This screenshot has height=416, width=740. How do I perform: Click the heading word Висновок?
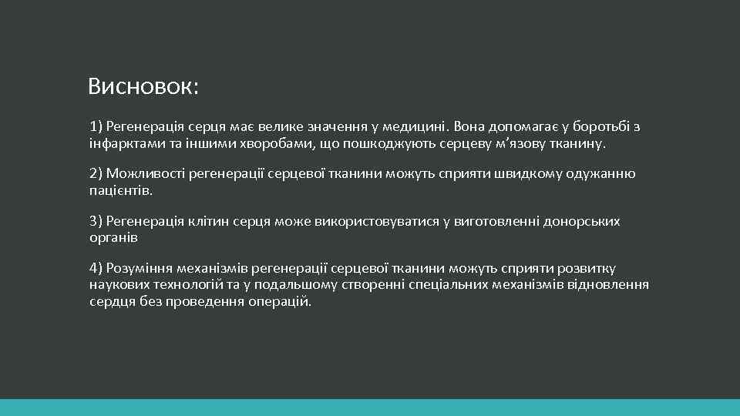(x=142, y=86)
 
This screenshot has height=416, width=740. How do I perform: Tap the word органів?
(x=113, y=238)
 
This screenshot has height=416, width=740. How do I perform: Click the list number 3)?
(x=96, y=222)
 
